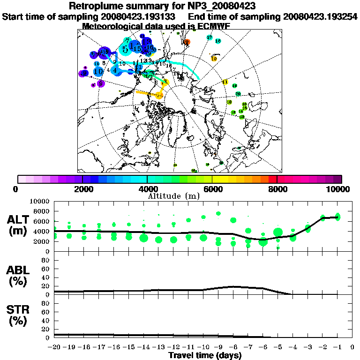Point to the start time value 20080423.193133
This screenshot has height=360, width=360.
tap(141, 16)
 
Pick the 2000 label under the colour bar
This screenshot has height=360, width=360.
tap(82, 189)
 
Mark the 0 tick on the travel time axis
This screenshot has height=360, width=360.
tap(352, 347)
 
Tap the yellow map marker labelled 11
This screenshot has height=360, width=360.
tap(225, 82)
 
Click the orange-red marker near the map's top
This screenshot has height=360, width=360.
tap(187, 42)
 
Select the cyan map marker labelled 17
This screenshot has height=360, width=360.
tap(210, 37)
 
